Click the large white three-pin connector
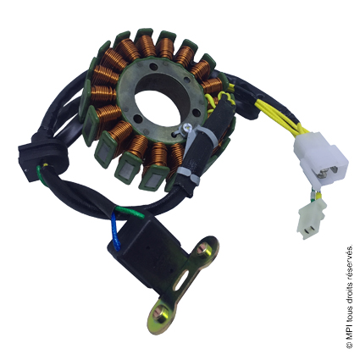tap(321, 158)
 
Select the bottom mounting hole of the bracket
tap(161, 316)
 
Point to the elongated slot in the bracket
tap(182, 280)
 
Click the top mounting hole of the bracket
tap(202, 249)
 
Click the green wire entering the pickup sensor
tap(130, 212)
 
